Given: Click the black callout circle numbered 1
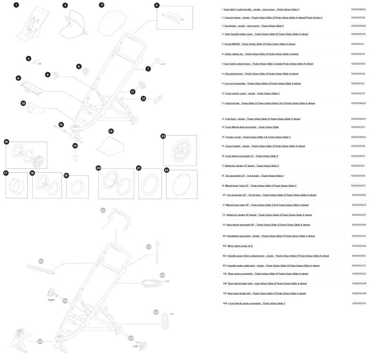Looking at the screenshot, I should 16,5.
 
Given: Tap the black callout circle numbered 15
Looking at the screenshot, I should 111,131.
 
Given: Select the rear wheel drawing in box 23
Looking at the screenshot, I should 180,150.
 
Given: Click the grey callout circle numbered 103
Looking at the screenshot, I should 41,261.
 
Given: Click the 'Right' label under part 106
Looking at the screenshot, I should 51,300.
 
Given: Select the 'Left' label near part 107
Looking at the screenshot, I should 135,346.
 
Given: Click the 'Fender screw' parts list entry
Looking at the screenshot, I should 258,137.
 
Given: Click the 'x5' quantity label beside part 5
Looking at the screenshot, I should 39,63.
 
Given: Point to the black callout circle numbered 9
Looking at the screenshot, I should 18,78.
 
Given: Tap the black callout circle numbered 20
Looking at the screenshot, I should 99,168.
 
